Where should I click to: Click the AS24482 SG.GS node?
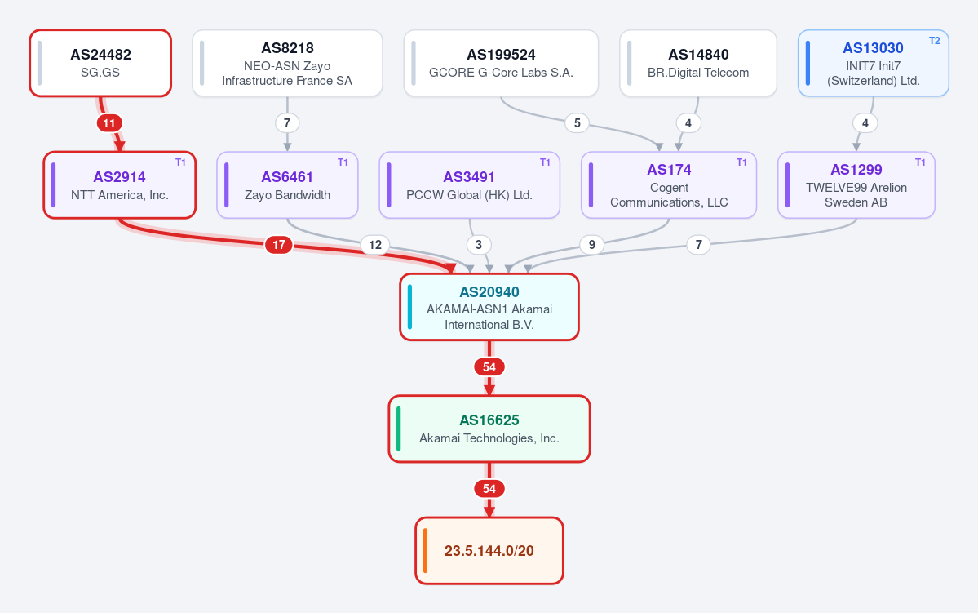[x=100, y=63]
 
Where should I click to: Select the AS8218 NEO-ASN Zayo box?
[x=288, y=63]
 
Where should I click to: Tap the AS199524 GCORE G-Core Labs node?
[x=501, y=63]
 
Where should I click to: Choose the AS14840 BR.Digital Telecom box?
[x=698, y=63]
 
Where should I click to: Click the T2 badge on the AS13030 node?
[x=934, y=41]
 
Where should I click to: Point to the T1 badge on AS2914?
[x=180, y=162]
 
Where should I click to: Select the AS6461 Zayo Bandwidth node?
[x=288, y=185]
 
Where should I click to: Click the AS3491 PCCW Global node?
[x=470, y=185]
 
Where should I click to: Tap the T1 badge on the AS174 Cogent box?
[x=741, y=162]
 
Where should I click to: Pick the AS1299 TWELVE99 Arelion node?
[x=856, y=185]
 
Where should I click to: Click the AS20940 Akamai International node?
[x=489, y=307]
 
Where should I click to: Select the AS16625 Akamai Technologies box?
[x=489, y=429]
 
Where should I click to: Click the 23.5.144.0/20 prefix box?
[x=489, y=551]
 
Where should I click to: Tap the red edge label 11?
[x=109, y=123]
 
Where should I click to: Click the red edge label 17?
[x=279, y=245]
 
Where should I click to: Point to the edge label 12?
[x=375, y=245]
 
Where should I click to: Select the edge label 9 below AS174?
[x=592, y=245]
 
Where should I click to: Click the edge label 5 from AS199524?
[x=577, y=123]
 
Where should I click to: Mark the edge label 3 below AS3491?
[x=479, y=245]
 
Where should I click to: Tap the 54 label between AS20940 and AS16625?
[x=489, y=367]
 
